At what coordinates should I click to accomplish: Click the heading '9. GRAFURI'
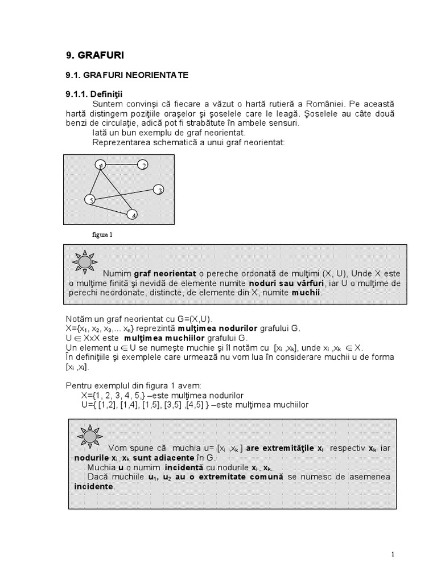(x=95, y=55)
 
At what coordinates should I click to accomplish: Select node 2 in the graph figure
(x=143, y=165)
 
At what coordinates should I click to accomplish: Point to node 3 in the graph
(x=159, y=190)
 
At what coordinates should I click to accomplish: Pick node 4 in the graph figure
(x=133, y=215)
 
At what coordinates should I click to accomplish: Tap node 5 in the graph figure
(x=89, y=199)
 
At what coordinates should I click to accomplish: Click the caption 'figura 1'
(x=103, y=234)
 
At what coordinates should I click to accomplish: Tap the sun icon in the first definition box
(x=84, y=261)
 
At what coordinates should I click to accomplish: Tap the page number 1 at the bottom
(x=393, y=554)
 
